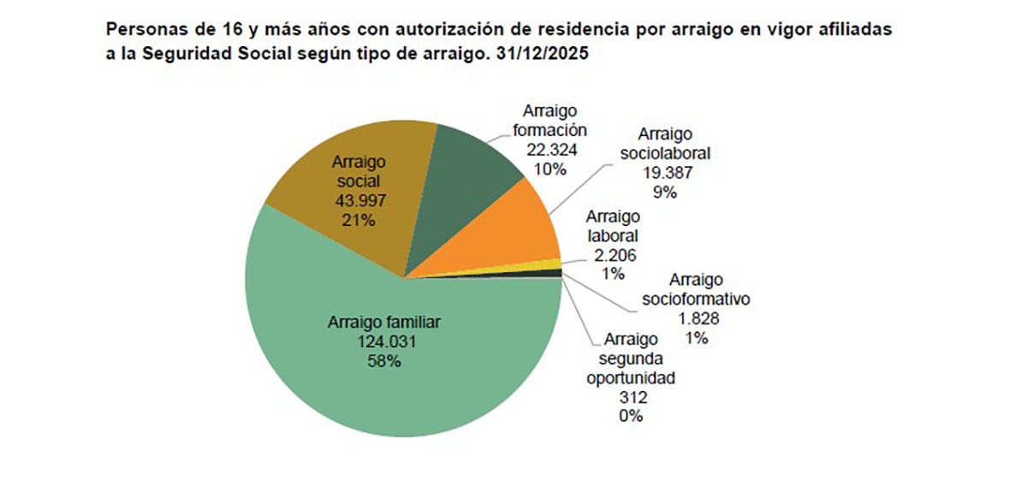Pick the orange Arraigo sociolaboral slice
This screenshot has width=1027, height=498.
point(513,235)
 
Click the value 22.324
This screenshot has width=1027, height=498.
point(549,150)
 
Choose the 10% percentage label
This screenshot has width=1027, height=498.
point(549,169)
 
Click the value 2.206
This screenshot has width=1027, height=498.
point(612,255)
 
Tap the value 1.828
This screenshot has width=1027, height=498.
point(696,318)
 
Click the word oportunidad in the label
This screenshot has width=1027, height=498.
point(631,377)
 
